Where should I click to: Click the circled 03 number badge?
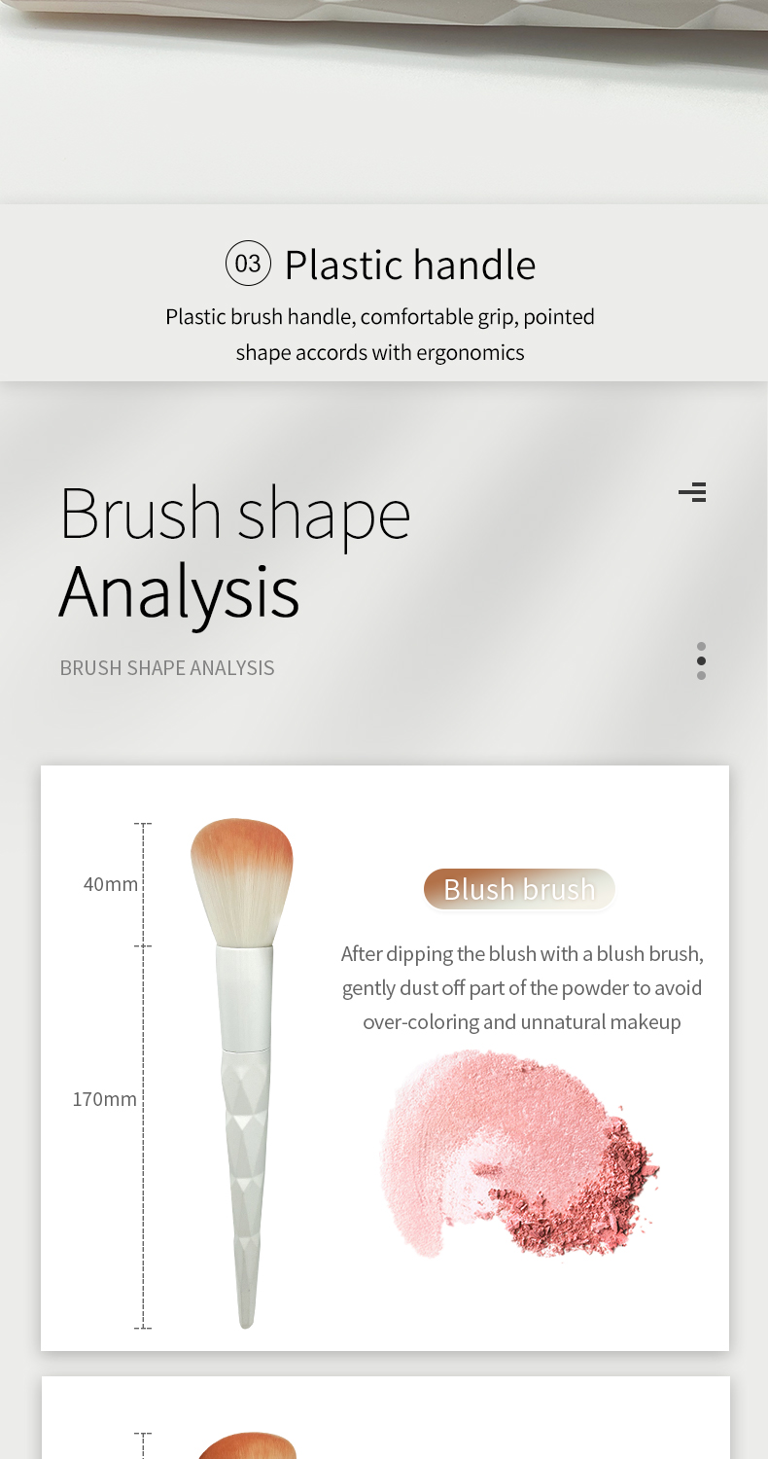tap(248, 264)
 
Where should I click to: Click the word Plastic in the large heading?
tap(345, 266)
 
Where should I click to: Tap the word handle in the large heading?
tap(474, 265)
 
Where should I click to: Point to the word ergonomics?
tap(470, 353)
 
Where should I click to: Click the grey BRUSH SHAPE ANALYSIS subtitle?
tap(167, 668)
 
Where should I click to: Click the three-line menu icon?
tap(692, 492)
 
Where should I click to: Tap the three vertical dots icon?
tap(701, 660)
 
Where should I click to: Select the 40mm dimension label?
tap(111, 884)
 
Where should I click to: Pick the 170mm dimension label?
tap(105, 1099)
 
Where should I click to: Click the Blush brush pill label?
tap(519, 889)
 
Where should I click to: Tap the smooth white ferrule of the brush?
tap(244, 999)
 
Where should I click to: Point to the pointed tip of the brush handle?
tap(246, 1326)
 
